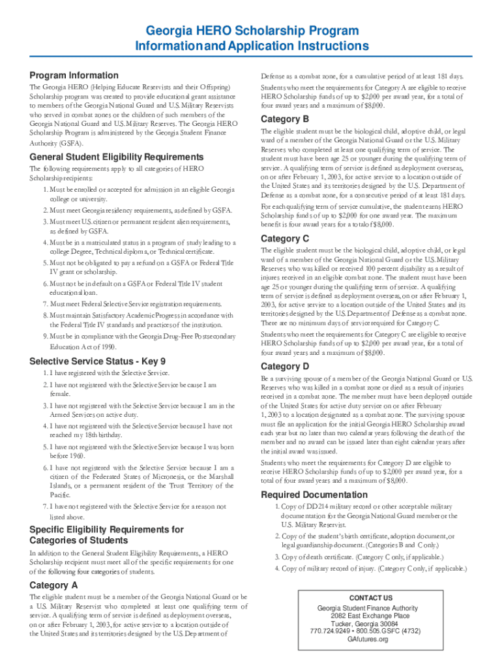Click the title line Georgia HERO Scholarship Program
[x=252, y=31]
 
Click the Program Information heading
[x=74, y=75]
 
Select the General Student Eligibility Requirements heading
[x=117, y=157]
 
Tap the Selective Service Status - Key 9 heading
[x=98, y=361]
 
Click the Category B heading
[x=285, y=119]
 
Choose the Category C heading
[x=285, y=238]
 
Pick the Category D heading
[x=285, y=366]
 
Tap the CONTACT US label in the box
[x=370, y=598]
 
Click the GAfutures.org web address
[x=370, y=639]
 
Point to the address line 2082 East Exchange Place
[x=370, y=615]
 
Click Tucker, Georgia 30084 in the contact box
[x=370, y=623]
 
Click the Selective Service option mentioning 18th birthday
[x=142, y=431]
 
